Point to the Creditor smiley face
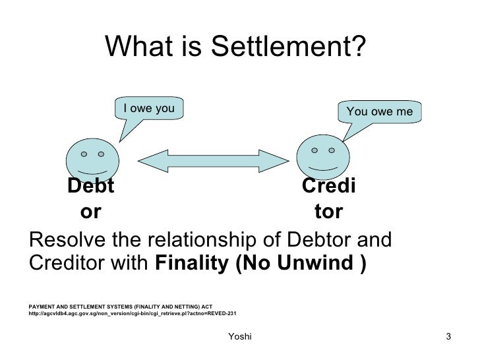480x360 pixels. pyautogui.click(x=322, y=158)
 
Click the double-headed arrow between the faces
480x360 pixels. pyautogui.click(x=212, y=159)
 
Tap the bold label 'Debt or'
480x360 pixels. pyautogui.click(x=90, y=200)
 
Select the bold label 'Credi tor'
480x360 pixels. pyautogui.click(x=328, y=200)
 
